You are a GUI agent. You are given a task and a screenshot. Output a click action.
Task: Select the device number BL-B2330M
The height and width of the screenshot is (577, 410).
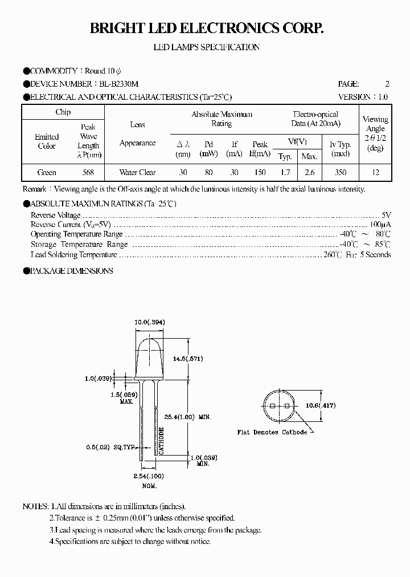[121, 84]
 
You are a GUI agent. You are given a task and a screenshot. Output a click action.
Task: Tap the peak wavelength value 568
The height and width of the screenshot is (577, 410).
[88, 172]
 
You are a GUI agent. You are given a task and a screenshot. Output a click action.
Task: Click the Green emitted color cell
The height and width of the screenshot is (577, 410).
[47, 172]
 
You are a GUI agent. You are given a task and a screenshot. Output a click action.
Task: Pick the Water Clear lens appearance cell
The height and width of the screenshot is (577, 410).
[137, 172]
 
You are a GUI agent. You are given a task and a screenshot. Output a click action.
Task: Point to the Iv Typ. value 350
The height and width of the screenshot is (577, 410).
[341, 172]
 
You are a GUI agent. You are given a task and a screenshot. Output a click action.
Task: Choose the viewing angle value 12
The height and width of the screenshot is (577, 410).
[375, 172]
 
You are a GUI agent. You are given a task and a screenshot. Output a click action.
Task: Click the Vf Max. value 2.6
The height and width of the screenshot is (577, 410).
[309, 172]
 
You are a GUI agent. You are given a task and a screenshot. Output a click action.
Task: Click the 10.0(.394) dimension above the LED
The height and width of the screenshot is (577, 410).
[149, 322]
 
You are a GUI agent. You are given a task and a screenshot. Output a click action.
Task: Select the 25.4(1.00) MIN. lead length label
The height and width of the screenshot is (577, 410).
[190, 417]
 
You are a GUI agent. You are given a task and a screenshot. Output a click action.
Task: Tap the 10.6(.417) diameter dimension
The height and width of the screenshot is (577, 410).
[321, 405]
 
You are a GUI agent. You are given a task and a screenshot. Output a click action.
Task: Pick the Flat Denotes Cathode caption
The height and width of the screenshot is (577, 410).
[272, 432]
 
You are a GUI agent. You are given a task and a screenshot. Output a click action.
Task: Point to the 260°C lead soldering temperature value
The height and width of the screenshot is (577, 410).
[332, 255]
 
